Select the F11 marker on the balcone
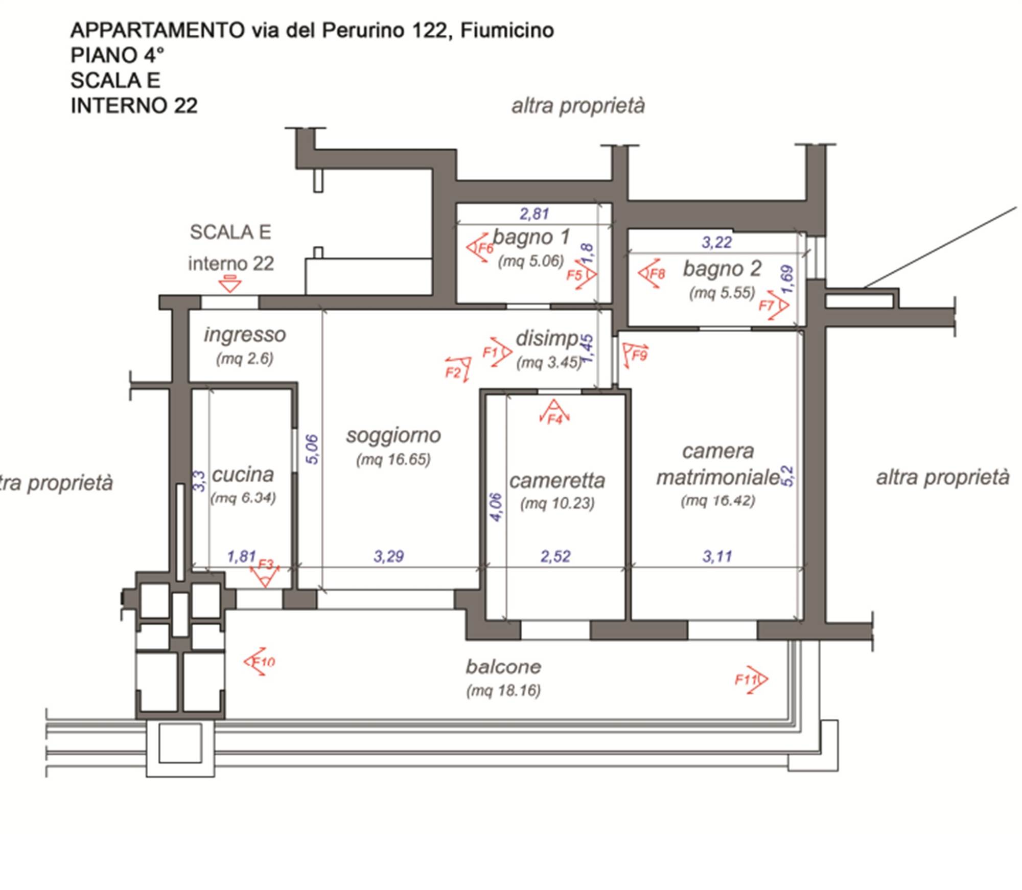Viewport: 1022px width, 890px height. [x=752, y=680]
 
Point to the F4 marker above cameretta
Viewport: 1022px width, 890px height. [x=554, y=413]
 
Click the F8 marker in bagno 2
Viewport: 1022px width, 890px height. [x=652, y=274]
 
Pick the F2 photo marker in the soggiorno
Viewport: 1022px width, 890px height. [x=458, y=369]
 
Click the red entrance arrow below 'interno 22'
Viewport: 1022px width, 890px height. [x=230, y=284]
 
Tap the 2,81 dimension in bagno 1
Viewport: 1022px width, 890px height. [x=534, y=214]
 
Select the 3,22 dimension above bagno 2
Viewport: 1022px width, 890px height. [x=716, y=242]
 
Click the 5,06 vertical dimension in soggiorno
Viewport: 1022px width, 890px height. [x=312, y=450]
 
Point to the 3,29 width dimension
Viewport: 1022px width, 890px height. [x=388, y=556]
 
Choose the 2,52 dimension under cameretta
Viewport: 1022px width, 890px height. [x=555, y=556]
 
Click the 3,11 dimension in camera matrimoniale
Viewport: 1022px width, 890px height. [x=717, y=556]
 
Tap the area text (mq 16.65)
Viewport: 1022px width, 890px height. [x=393, y=459]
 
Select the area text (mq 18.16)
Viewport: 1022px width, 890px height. [x=503, y=691]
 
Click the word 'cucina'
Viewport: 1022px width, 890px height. [x=243, y=475]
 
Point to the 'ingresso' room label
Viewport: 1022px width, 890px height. [x=245, y=335]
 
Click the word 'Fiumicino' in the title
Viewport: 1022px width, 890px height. [x=507, y=31]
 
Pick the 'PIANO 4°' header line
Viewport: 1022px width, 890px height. [x=118, y=55]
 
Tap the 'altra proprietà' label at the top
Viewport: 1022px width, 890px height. [x=578, y=106]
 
